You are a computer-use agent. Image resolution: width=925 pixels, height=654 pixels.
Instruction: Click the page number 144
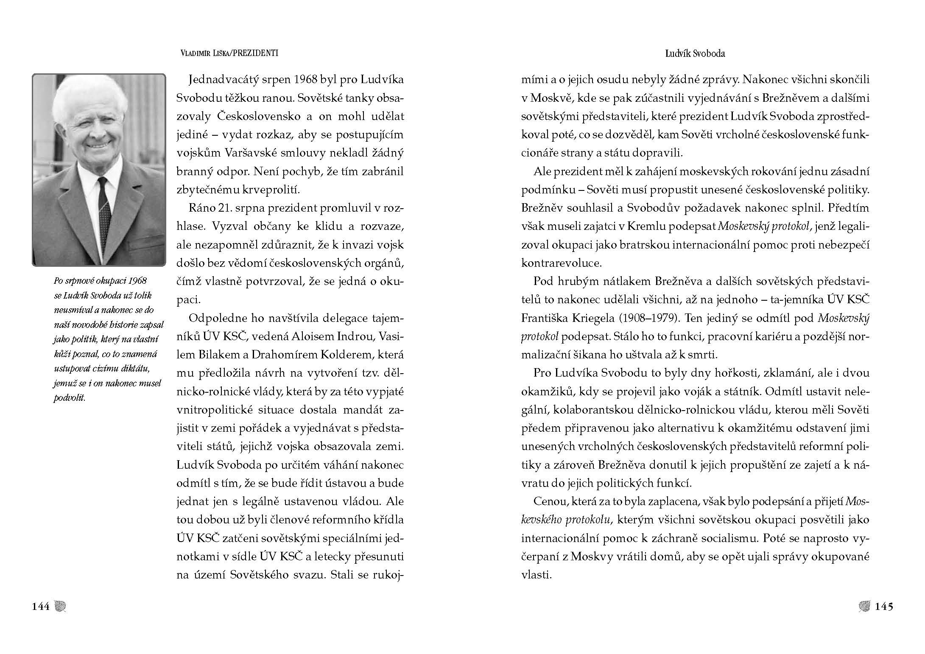pyautogui.click(x=41, y=606)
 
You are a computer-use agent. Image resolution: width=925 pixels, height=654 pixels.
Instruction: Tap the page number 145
pyautogui.click(x=884, y=606)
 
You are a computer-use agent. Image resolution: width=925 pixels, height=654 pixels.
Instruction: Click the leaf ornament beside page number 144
pyautogui.click(x=60, y=606)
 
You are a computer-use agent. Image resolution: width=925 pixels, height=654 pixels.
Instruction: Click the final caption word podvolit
pyautogui.click(x=69, y=399)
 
